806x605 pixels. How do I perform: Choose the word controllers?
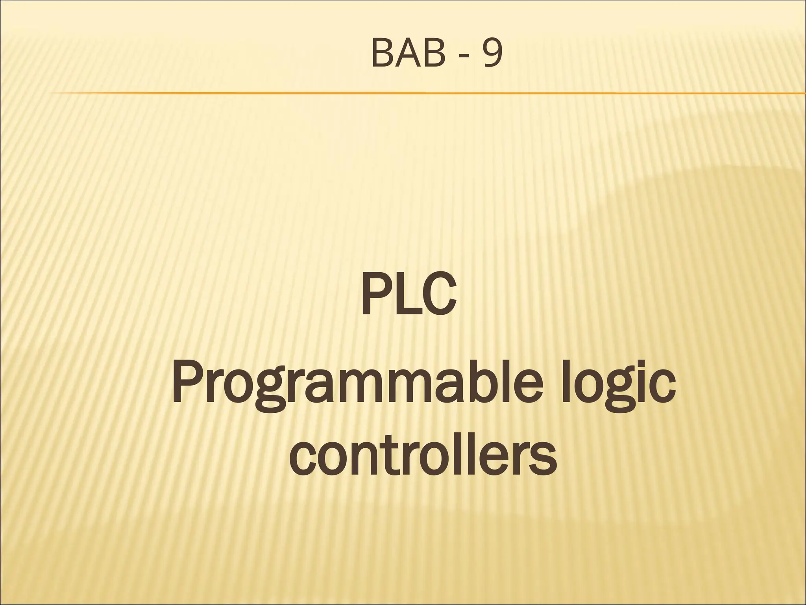pyautogui.click(x=423, y=457)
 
